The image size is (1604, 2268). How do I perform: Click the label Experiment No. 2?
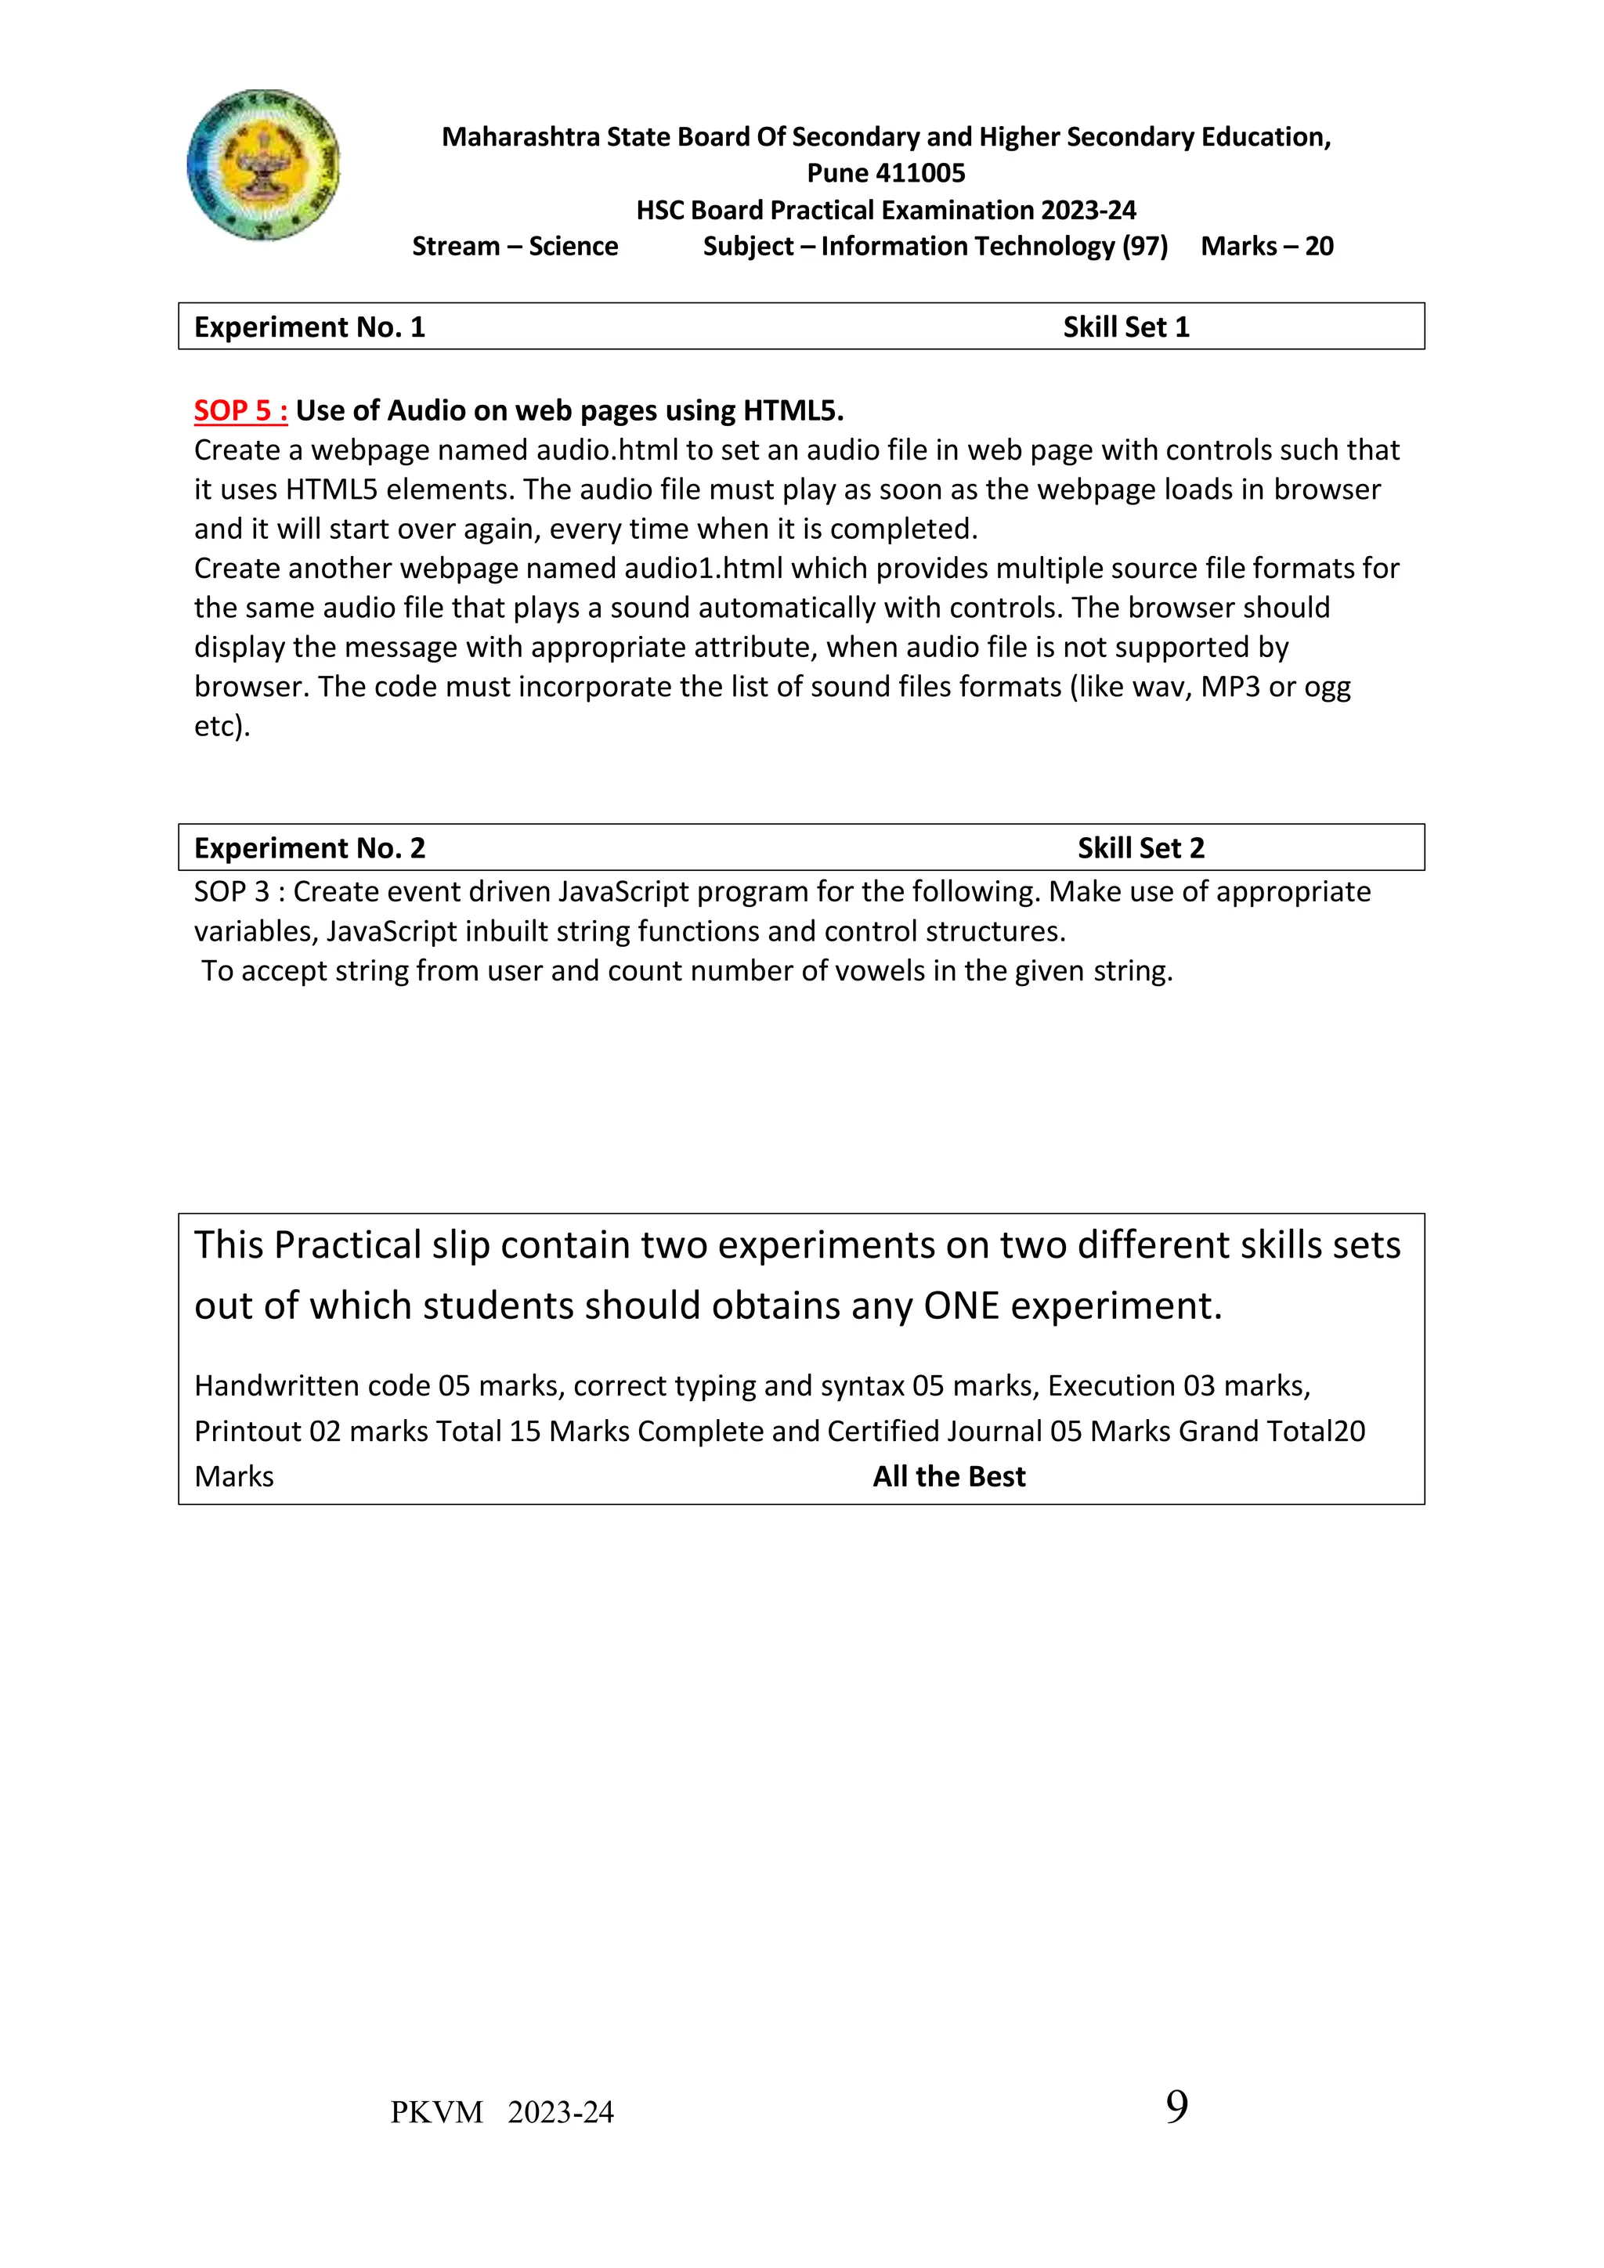(x=309, y=847)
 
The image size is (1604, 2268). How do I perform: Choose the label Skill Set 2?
(x=1141, y=847)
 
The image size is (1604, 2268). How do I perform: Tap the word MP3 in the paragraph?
(x=1230, y=687)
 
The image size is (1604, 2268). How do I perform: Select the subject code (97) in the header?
(x=1145, y=246)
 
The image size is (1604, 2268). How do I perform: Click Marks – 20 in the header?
(x=1266, y=246)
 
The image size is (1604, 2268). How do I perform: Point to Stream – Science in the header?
(x=515, y=246)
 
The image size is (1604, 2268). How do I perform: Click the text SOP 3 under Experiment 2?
(x=231, y=891)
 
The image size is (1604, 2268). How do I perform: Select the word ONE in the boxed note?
(x=961, y=1306)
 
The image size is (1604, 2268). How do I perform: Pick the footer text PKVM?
(x=436, y=2112)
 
